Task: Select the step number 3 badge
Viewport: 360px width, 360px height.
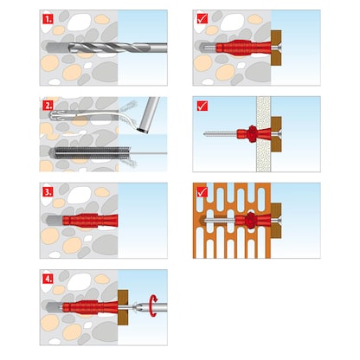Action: [48, 191]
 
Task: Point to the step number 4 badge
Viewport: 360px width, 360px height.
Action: [48, 278]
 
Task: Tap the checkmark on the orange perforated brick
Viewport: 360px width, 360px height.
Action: [202, 191]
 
